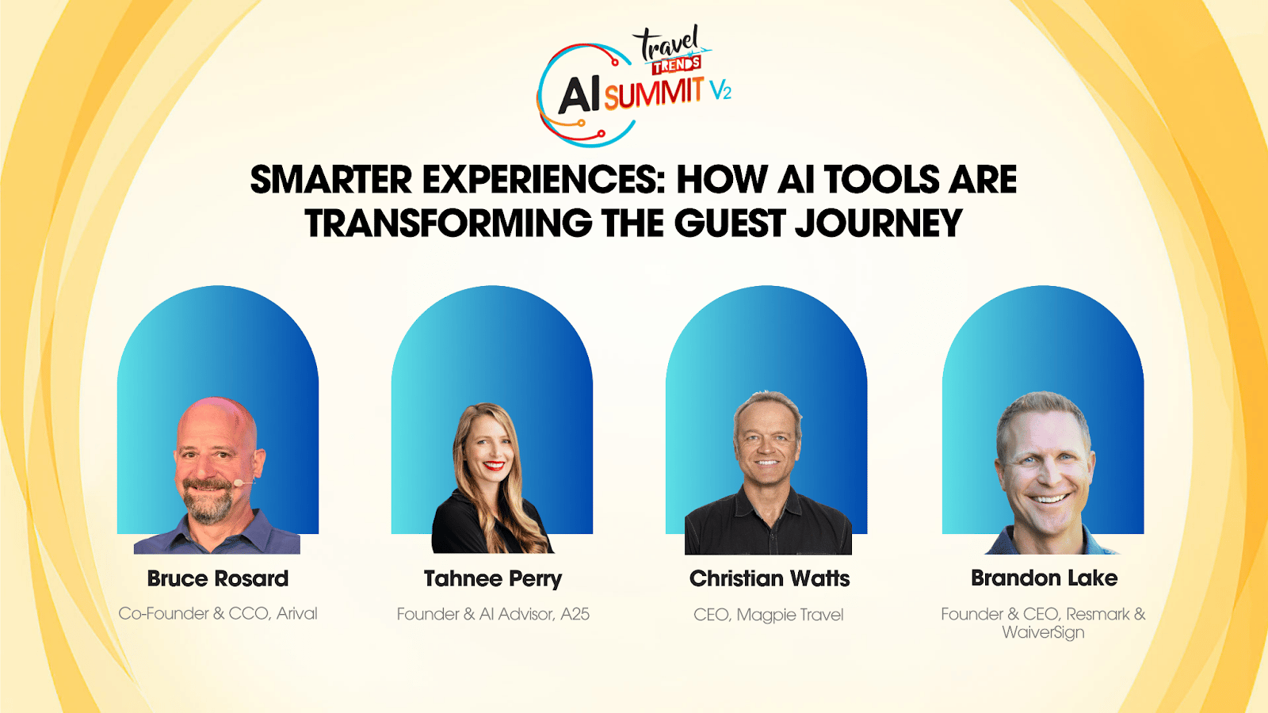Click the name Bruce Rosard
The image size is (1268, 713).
(218, 578)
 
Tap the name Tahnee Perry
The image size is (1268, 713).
(493, 579)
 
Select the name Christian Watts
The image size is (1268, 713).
(770, 578)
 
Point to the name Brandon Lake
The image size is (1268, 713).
(1045, 578)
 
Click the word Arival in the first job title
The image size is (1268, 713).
(296, 613)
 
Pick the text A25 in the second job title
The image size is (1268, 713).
(575, 614)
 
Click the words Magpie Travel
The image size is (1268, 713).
(790, 615)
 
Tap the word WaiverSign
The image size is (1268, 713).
(1043, 632)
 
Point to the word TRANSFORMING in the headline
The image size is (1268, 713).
(449, 223)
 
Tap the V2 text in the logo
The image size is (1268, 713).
(720, 90)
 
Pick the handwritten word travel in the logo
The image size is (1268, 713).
(669, 43)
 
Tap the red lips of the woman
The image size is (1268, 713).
(494, 466)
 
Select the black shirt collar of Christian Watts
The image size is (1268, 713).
(767, 504)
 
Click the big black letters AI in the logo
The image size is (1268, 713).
(579, 96)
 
